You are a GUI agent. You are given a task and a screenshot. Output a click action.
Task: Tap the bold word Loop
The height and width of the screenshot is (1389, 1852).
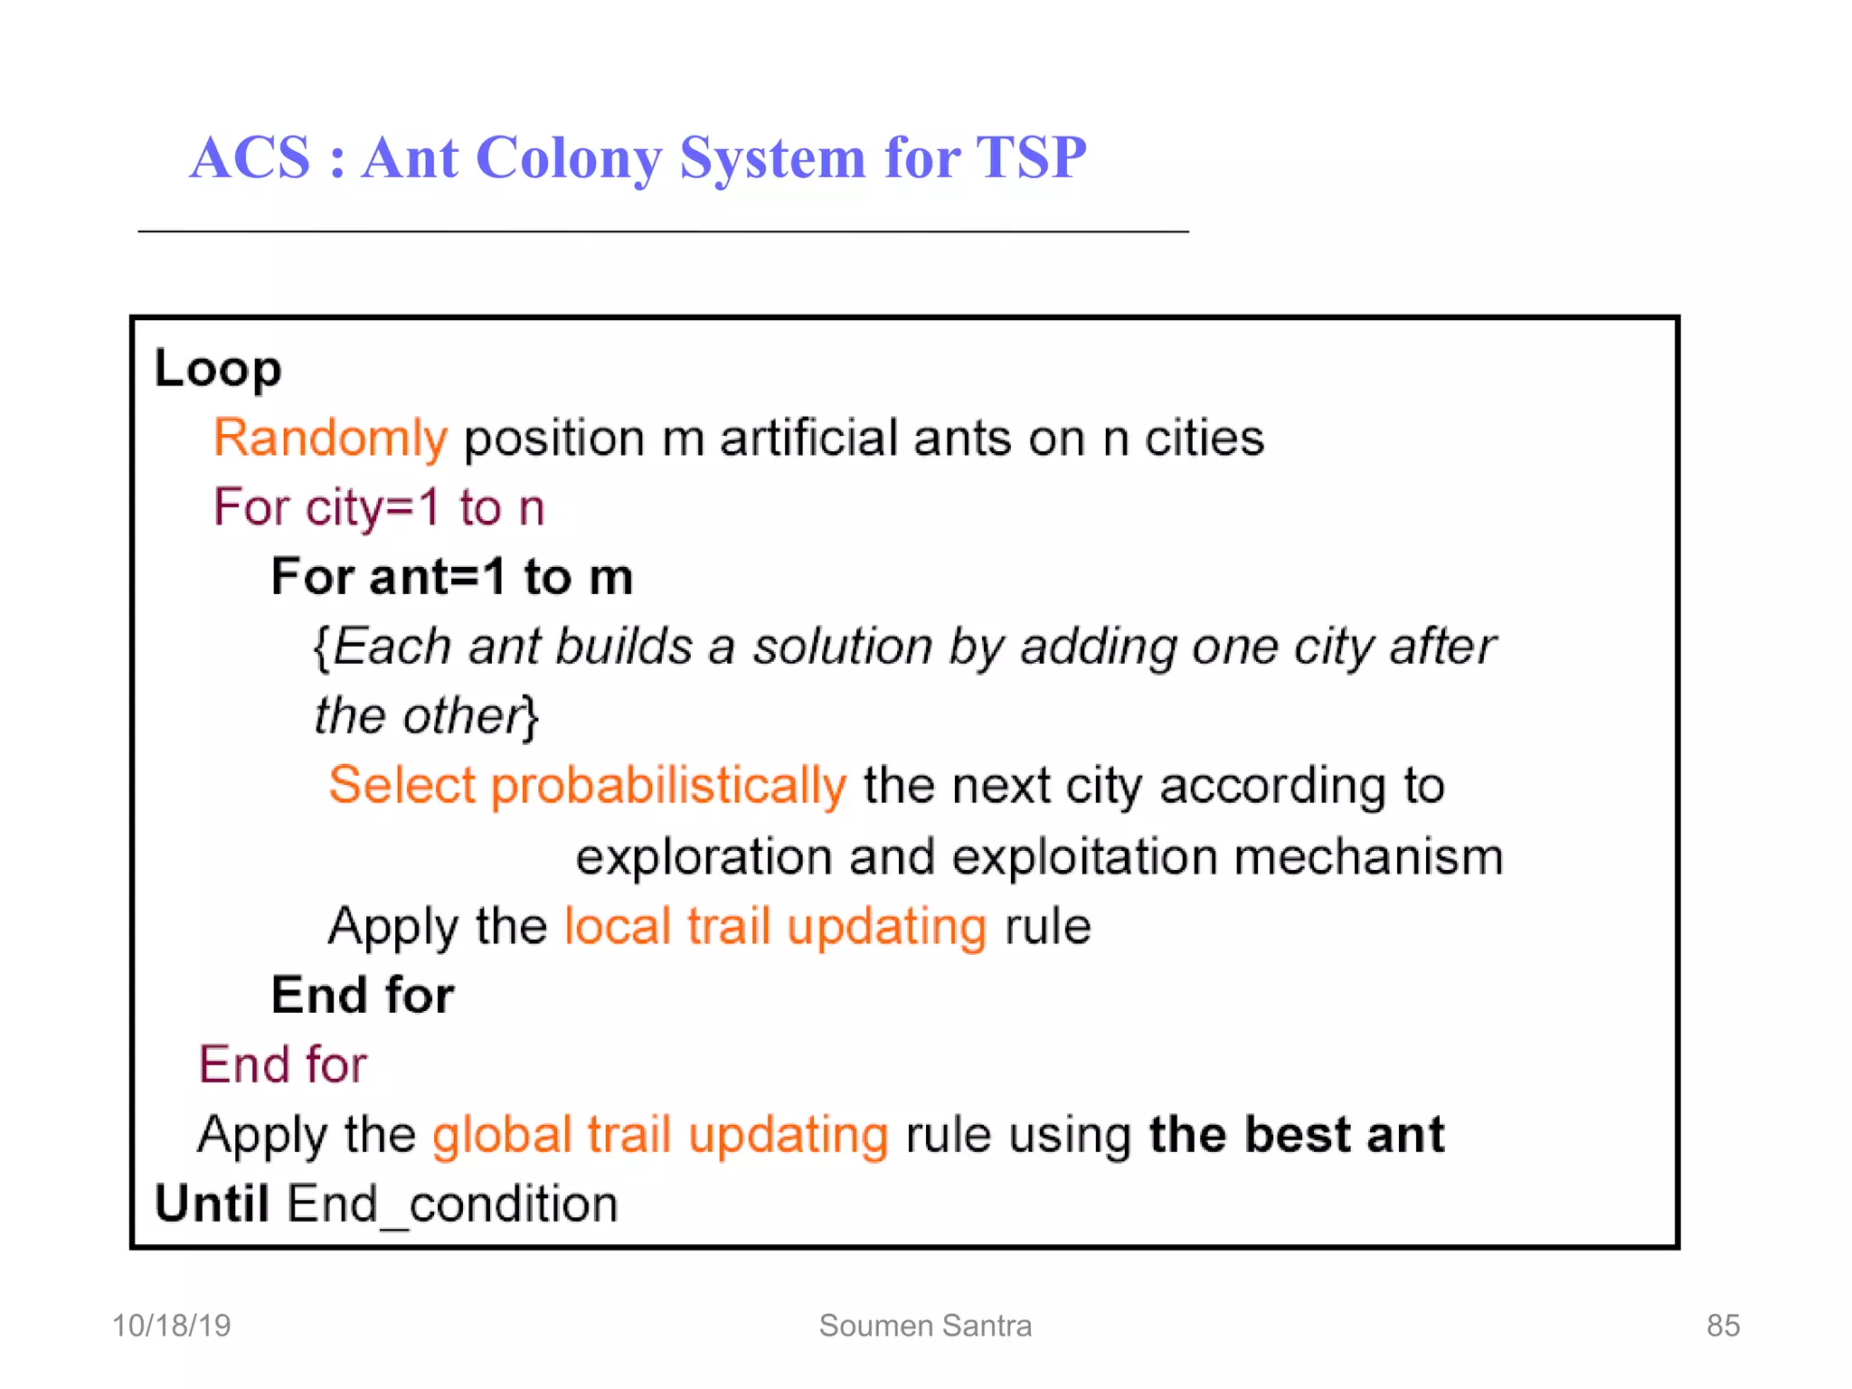(218, 369)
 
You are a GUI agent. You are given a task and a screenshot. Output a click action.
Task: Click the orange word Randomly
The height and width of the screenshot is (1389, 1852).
(330, 439)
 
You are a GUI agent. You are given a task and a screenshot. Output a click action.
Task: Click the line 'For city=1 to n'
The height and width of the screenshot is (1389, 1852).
(379, 507)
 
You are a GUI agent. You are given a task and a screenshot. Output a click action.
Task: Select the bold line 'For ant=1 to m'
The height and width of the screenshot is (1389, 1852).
(452, 577)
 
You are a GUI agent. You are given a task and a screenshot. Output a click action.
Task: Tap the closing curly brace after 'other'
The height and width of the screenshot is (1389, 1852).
(532, 717)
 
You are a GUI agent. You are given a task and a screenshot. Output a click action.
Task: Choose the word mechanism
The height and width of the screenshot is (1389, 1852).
(1368, 856)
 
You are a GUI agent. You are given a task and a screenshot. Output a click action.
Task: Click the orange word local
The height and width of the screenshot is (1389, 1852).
(617, 926)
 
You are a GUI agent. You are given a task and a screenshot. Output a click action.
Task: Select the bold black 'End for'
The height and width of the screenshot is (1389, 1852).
(363, 996)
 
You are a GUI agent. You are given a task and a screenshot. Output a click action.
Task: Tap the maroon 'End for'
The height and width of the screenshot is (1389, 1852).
(283, 1064)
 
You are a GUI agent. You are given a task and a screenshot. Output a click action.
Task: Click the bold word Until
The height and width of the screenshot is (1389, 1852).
(212, 1204)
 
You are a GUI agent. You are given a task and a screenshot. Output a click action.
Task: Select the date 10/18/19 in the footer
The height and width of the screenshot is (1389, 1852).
(171, 1326)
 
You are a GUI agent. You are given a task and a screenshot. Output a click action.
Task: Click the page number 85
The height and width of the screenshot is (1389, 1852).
(1723, 1326)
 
